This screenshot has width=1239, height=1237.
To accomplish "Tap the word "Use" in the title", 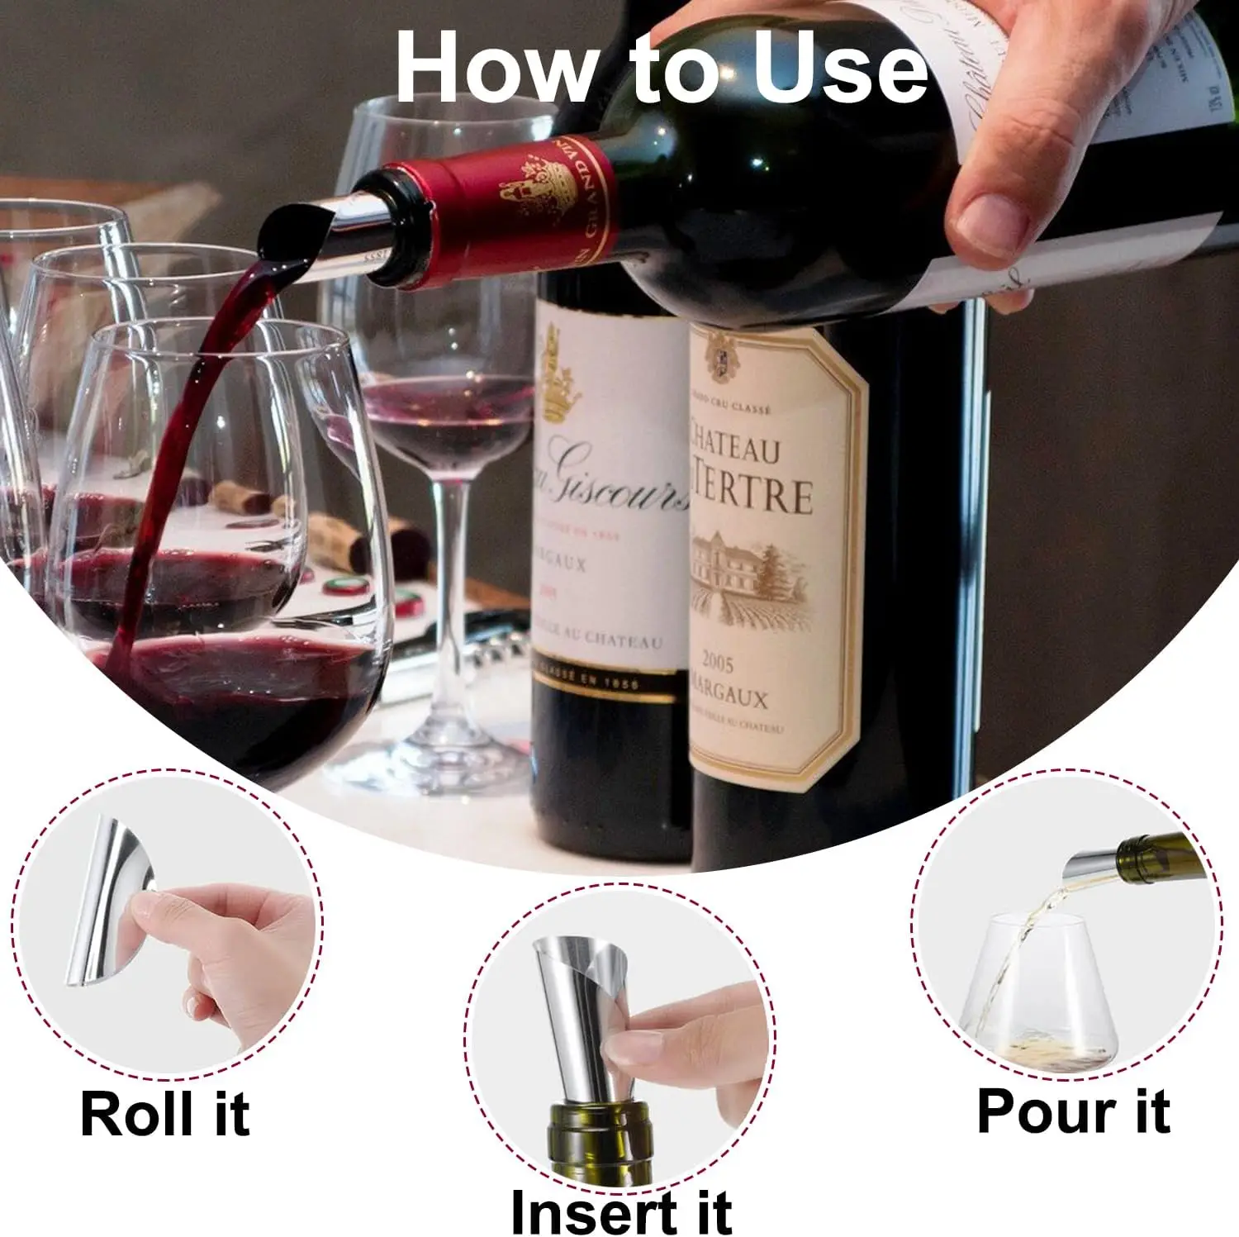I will [x=839, y=68].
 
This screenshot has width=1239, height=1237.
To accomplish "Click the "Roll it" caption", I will [x=164, y=1114].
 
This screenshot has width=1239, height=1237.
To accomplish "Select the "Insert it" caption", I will [x=620, y=1211].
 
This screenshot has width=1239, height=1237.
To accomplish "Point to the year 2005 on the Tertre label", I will [x=717, y=662].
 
